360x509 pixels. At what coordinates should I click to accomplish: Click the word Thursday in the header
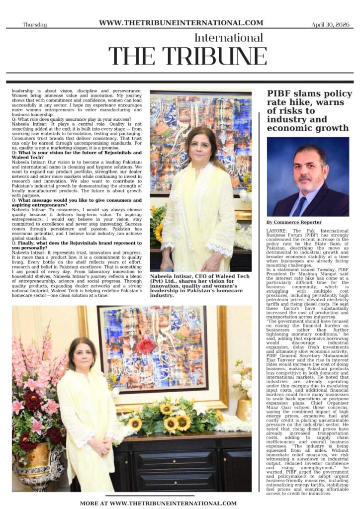point(34,24)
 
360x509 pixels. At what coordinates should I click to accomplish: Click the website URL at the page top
point(181,22)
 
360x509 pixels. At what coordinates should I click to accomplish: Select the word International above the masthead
point(228,38)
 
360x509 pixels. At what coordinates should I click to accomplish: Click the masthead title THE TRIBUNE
point(187,56)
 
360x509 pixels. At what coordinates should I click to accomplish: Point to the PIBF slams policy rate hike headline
point(309,110)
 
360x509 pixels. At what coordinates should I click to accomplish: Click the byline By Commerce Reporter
point(293,222)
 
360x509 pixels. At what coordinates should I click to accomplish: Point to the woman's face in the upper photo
point(201,145)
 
